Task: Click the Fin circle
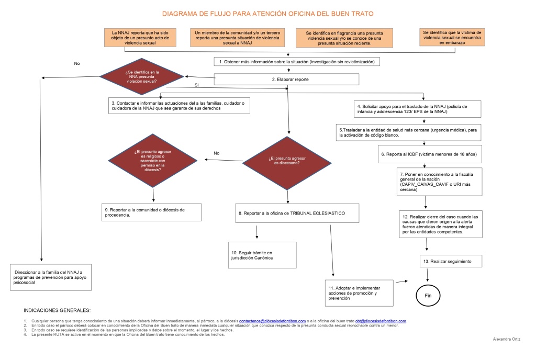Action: (428, 296)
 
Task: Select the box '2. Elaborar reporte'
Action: (286, 79)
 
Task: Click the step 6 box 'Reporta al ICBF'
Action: (429, 155)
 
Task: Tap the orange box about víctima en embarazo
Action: (452, 37)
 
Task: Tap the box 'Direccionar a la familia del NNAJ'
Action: (51, 277)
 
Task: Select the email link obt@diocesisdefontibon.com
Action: (381, 321)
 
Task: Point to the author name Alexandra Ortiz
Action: (508, 340)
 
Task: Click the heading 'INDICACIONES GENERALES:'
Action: (58, 310)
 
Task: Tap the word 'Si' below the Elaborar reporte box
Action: (196, 85)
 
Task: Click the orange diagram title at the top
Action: (267, 13)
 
